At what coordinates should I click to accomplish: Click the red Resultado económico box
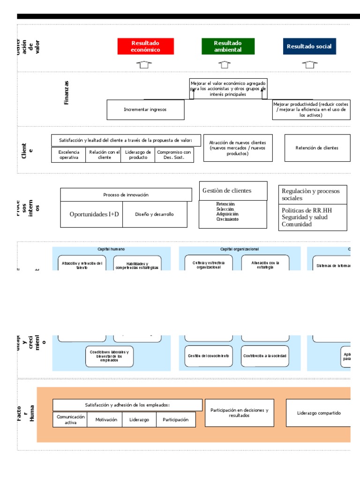[x=145, y=46]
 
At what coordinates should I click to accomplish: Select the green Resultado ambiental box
[x=228, y=46]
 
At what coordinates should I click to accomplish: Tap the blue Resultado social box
[x=309, y=46]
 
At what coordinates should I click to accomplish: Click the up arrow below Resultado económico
[x=145, y=65]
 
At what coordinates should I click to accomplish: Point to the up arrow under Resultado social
[x=309, y=65]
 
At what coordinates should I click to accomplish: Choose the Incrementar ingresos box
[x=145, y=110]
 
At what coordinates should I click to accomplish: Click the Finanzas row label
[x=66, y=92]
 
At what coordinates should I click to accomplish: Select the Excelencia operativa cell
[x=69, y=155]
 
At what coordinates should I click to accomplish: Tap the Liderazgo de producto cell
[x=137, y=155]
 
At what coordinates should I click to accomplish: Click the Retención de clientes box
[x=317, y=148]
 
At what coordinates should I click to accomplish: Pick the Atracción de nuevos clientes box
[x=238, y=148]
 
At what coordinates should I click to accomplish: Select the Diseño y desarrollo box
[x=154, y=214]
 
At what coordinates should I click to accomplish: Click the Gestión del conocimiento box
[x=209, y=356]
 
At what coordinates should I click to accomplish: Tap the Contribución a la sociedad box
[x=265, y=356]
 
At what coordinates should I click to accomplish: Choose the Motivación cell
[x=106, y=420]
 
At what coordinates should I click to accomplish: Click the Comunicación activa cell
[x=70, y=420]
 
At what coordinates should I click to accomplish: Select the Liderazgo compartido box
[x=318, y=413]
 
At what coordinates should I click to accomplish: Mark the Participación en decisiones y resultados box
[x=239, y=413]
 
